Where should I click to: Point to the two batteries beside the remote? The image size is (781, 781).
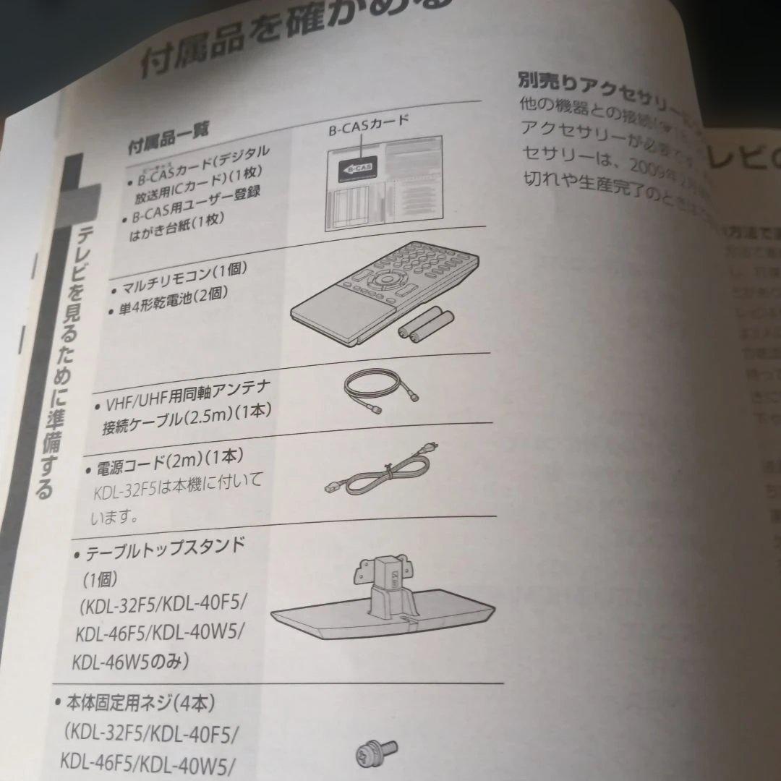point(425,323)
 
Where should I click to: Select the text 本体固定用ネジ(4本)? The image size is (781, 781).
point(141,703)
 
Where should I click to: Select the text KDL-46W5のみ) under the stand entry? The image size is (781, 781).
point(130,662)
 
